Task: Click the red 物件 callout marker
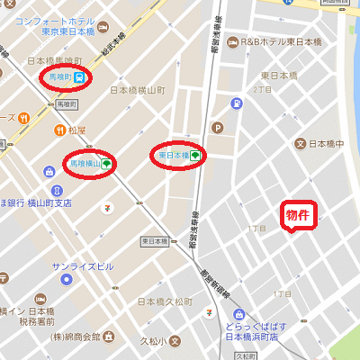coord(298,215)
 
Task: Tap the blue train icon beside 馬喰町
coord(79,77)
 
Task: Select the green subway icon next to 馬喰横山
coord(106,164)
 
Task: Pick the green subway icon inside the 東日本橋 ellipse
coord(195,155)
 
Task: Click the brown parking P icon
coord(216,127)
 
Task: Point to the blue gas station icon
coord(236,103)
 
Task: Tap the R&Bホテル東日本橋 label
coord(281,41)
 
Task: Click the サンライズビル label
coord(83,267)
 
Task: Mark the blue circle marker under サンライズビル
coord(65,280)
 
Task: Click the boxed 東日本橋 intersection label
coord(156,241)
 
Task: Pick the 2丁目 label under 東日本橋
coord(262,90)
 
